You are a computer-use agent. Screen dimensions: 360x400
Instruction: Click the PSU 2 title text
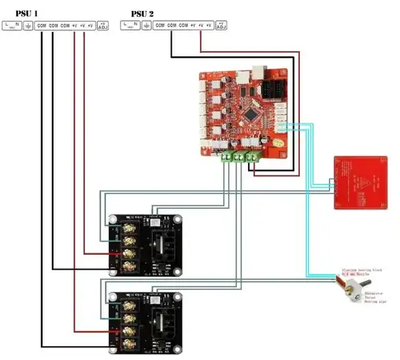144,13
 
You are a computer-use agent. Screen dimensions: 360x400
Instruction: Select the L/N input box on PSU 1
12,26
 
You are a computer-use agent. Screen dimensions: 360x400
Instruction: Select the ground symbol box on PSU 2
146,26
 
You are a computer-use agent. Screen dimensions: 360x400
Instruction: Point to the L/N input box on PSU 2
130,26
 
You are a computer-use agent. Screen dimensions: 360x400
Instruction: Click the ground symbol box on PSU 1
28,26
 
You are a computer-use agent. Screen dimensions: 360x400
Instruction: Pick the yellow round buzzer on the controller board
277,141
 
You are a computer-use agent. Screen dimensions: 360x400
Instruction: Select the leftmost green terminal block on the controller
224,156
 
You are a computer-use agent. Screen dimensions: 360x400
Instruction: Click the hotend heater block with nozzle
348,285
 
